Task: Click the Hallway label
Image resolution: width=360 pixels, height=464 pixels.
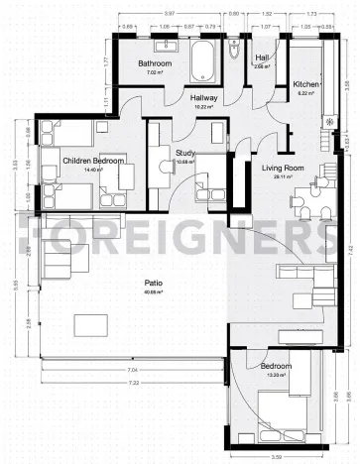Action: click(203, 98)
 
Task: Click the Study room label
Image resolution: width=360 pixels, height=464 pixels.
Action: click(185, 153)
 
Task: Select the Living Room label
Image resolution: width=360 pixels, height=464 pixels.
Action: click(281, 168)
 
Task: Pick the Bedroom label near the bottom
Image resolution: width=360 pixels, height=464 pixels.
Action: click(277, 366)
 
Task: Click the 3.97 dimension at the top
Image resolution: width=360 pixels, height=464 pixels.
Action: click(170, 13)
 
